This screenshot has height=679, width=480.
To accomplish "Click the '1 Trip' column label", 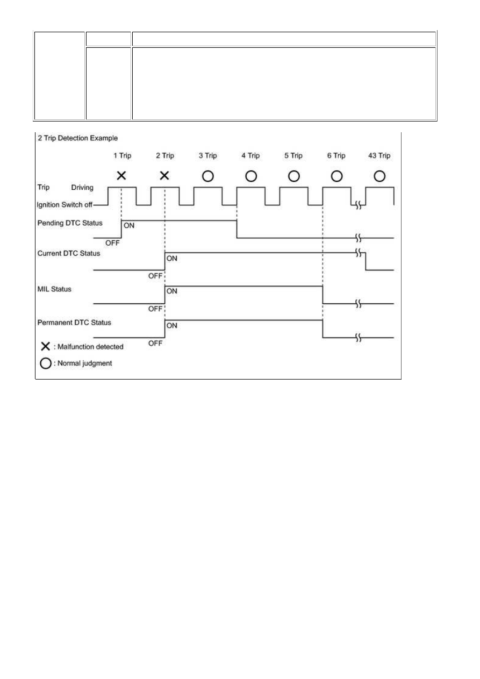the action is pos(123,155).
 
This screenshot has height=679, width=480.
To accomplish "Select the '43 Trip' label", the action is pos(379,155).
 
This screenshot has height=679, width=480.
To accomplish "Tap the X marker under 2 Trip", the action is pos(164,175).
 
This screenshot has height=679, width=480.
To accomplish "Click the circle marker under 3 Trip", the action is pos(208,176).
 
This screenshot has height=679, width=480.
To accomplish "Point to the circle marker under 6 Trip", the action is pos(336,176).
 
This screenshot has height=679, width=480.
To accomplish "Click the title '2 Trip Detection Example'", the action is pos(77,138).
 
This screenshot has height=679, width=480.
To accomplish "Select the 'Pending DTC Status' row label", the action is pos(70,223).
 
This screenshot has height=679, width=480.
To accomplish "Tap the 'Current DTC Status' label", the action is pos(68,253).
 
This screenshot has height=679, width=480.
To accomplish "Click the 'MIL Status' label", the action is pos(54,289).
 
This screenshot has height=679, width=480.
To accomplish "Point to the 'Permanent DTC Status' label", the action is pos(74,323).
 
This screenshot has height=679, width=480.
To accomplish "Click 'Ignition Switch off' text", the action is pos(65,205).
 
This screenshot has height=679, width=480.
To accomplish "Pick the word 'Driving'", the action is pos(82,188).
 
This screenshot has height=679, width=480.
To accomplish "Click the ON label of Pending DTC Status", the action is pos(129,225).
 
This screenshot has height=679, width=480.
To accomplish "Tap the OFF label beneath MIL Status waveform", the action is pos(155,309).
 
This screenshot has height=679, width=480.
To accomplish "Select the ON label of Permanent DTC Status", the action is pos(171,326).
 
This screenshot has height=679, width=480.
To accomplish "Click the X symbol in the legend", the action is pos(46,346).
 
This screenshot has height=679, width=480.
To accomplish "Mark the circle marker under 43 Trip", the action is pos(379,176).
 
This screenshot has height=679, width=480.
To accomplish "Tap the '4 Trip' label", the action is pos(250,155).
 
